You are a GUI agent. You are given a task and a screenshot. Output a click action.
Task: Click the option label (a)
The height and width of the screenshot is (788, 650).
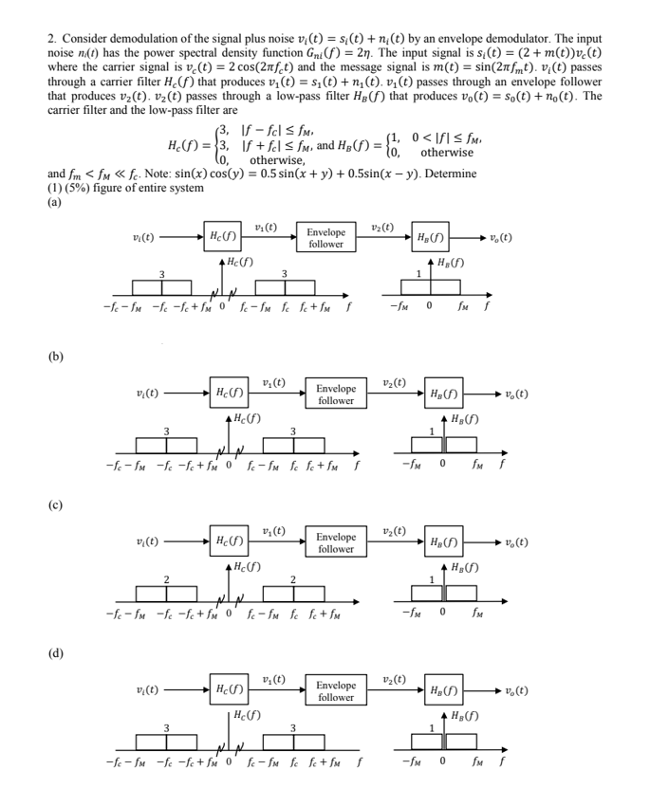click(x=55, y=200)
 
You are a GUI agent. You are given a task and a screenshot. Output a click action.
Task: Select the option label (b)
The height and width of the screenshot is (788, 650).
click(x=56, y=357)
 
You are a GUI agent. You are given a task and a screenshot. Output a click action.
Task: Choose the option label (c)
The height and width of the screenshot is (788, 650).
click(x=55, y=505)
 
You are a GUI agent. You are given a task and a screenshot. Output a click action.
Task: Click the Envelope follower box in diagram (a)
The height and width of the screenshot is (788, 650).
click(x=325, y=237)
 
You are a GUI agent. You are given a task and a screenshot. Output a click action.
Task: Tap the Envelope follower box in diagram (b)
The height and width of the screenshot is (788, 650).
click(x=336, y=394)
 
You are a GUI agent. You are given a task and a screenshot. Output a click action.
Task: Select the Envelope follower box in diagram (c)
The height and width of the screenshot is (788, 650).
click(x=336, y=542)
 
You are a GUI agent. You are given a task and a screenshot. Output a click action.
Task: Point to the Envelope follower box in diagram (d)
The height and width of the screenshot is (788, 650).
click(x=336, y=690)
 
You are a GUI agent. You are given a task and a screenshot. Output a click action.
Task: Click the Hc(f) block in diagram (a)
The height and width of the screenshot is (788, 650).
click(x=221, y=237)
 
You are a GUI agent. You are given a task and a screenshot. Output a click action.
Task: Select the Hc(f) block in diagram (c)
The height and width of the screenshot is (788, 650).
click(x=227, y=542)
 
